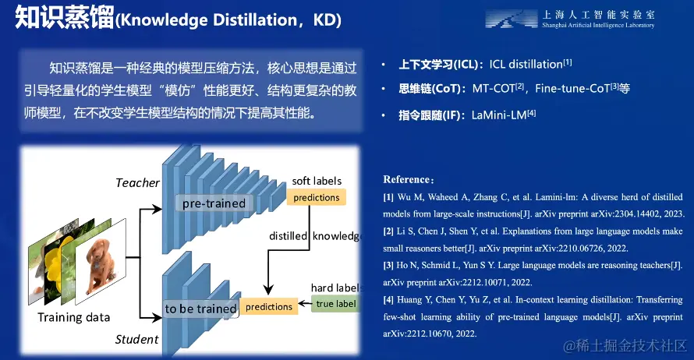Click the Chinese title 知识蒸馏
(65, 18)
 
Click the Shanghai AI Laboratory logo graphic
(512, 19)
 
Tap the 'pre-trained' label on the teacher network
(214, 203)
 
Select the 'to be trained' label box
(200, 309)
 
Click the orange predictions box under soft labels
(316, 197)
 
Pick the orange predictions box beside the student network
(269, 306)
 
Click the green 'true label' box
(336, 304)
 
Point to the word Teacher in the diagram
(137, 182)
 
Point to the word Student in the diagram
(136, 339)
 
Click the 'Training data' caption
(73, 317)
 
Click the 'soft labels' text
(317, 181)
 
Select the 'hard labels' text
(336, 288)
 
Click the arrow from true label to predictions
(305, 304)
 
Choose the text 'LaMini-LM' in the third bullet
(499, 115)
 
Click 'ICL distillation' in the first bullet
(526, 65)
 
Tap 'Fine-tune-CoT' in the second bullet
(572, 89)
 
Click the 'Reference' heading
(405, 179)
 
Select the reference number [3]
(388, 266)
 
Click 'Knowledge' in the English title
(164, 20)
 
